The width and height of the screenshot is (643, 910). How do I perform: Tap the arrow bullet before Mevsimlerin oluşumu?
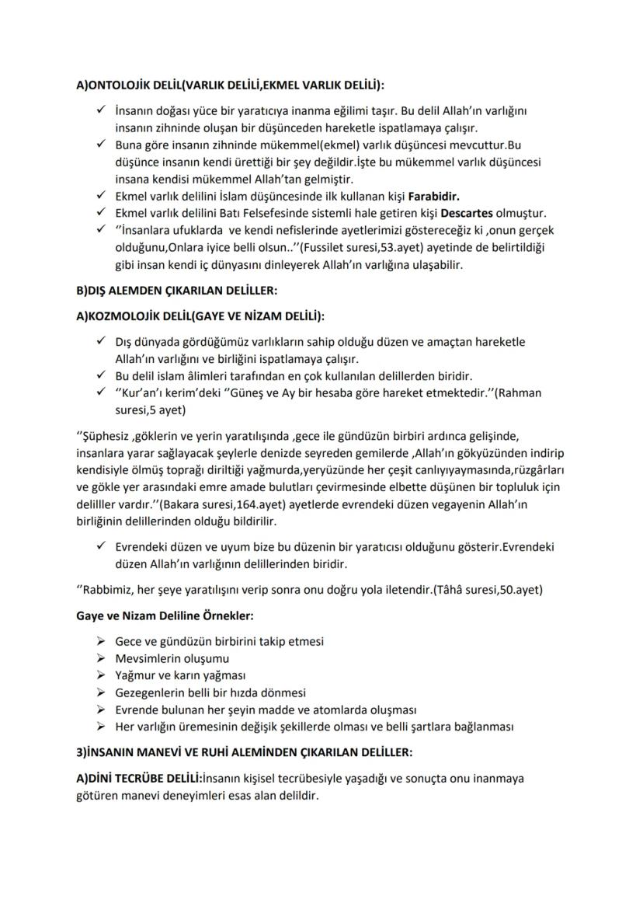pos(100,658)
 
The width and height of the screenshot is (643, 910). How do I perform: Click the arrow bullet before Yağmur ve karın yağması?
pos(100,675)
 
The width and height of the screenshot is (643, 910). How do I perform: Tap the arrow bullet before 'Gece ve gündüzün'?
pos(100,641)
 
